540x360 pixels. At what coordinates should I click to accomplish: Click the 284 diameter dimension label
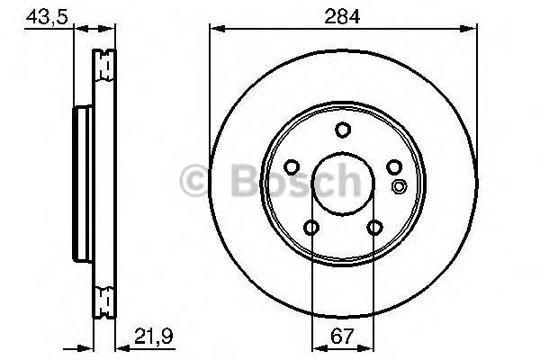click(342, 14)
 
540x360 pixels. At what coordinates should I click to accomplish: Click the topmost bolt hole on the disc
click(343, 130)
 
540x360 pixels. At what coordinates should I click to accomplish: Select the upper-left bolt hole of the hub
click(291, 167)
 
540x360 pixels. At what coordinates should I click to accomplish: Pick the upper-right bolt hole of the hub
click(394, 167)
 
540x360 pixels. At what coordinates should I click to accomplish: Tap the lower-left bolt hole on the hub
click(310, 228)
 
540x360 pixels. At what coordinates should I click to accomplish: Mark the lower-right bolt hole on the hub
click(373, 228)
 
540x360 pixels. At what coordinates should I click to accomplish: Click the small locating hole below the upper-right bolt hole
click(400, 187)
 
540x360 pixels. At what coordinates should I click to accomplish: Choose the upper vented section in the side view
click(106, 65)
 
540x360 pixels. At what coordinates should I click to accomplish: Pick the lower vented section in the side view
click(106, 294)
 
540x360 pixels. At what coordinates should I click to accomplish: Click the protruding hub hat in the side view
click(78, 179)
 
